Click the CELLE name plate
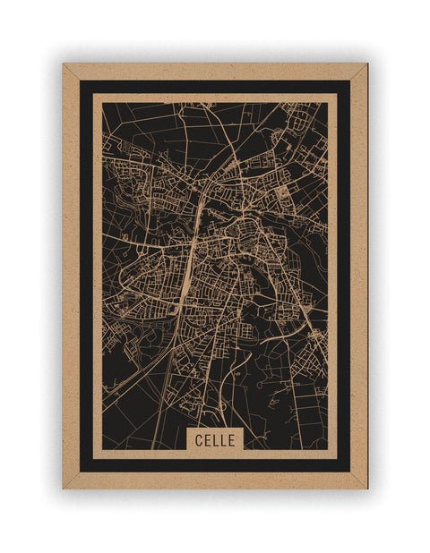[214, 439]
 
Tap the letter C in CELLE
[195, 439]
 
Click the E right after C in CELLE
[205, 439]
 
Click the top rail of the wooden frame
[215, 72]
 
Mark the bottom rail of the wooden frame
[215, 481]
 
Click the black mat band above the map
[215, 87]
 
